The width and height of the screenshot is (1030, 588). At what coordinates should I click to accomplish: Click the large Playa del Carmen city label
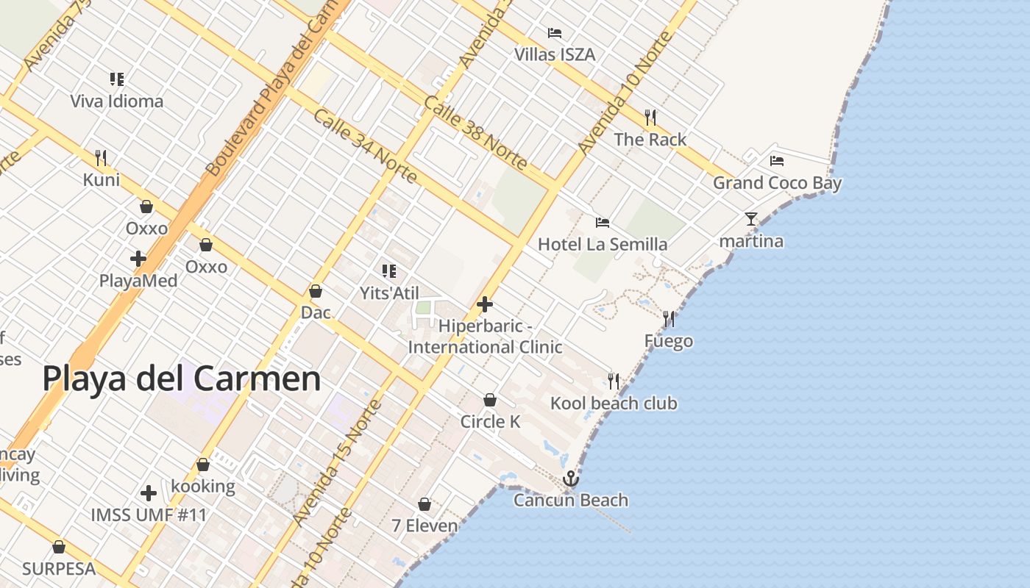coord(181,379)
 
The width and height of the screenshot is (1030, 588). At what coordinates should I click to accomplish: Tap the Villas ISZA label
coord(555,54)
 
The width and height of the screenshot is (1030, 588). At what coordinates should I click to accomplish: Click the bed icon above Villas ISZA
coord(555,33)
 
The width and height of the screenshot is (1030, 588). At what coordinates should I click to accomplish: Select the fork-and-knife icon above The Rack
coord(650,118)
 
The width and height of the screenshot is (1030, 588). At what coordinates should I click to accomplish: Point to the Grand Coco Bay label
coord(777,183)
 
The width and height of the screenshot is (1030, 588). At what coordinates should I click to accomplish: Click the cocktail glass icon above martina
coord(750,219)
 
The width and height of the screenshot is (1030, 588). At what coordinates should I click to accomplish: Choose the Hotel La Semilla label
coord(603,244)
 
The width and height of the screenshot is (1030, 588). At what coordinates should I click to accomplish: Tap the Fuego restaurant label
coord(668,341)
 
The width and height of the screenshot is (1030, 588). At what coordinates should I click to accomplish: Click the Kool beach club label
coord(614,403)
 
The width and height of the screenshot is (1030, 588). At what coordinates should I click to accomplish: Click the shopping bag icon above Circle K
coord(490,400)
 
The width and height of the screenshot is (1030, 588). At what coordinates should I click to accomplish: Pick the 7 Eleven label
coord(425,526)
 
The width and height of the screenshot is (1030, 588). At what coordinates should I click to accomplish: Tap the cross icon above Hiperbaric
coord(485,304)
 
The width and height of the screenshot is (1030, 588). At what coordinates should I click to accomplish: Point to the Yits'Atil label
coord(389,293)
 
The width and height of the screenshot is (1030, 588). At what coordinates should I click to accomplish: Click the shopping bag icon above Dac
coord(316,291)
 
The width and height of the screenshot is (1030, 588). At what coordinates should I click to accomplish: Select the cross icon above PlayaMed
coord(138,259)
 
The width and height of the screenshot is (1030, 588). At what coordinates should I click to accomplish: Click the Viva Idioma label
coord(116,101)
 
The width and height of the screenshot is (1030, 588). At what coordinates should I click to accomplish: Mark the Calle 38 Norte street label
coord(475,133)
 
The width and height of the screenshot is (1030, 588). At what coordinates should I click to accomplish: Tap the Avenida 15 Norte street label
coord(338,464)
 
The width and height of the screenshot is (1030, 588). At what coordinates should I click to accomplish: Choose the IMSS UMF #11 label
coord(149,514)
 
